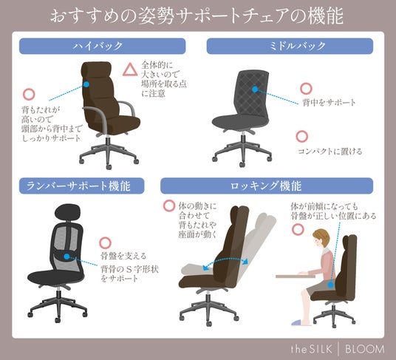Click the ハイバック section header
tap(102, 46)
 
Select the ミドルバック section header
tap(290, 46)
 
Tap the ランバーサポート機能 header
tap(81, 186)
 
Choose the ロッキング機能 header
tap(267, 186)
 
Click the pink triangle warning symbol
tap(130, 70)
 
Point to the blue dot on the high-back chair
tap(86, 84)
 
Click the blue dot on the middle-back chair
tap(255, 89)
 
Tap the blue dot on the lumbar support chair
tap(66, 257)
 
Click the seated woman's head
tap(321, 238)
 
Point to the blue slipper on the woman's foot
tap(298, 322)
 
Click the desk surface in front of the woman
tap(296, 276)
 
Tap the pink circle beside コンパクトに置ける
tap(301, 137)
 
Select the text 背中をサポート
tap(329, 103)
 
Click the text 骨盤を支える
tap(123, 256)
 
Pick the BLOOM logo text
tap(365, 349)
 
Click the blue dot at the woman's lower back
tap(330, 285)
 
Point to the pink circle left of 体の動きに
tap(169, 206)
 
